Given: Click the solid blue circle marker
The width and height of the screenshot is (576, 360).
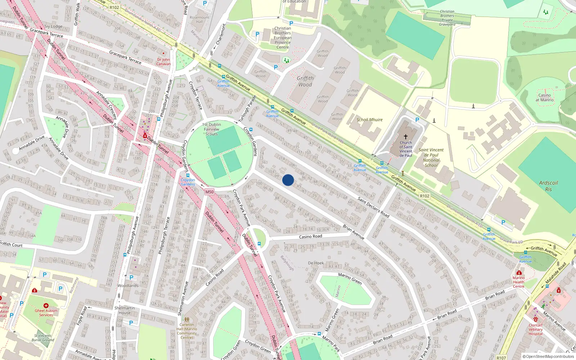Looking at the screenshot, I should click(x=288, y=180).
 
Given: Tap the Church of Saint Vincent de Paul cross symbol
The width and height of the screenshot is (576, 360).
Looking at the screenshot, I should click(x=406, y=137).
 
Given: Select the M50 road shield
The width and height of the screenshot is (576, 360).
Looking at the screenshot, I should click(x=210, y=192).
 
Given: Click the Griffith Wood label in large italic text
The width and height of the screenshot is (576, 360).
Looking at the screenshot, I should click(x=305, y=81).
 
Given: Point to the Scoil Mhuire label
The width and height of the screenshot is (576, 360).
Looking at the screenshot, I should click(x=370, y=120).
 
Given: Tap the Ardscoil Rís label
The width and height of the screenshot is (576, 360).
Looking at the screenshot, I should click(x=548, y=186).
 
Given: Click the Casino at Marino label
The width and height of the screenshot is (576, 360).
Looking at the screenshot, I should click(x=544, y=98).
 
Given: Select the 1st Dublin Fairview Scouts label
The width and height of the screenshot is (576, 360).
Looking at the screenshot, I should click(x=212, y=129).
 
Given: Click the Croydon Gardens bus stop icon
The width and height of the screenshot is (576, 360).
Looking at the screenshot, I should click(x=188, y=175).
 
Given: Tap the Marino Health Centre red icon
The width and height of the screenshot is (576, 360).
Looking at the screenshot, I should click(x=519, y=273).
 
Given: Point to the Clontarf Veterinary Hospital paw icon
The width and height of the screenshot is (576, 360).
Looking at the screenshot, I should click(x=535, y=319).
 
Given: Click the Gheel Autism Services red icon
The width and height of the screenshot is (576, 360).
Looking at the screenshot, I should click(x=46, y=306).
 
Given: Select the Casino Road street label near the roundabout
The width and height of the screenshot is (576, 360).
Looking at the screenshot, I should click(x=310, y=237).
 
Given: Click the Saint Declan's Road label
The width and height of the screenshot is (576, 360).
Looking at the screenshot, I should click(x=373, y=207).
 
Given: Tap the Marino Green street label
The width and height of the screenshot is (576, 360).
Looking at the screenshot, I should click(x=350, y=278).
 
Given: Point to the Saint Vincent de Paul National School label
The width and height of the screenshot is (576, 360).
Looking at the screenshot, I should click(x=431, y=158).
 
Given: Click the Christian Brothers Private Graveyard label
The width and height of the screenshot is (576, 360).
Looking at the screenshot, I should click(x=447, y=18).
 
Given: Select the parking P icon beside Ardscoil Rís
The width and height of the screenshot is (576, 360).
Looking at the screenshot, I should click(x=503, y=222).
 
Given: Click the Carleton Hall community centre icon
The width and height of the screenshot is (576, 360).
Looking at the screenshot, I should click(x=186, y=319).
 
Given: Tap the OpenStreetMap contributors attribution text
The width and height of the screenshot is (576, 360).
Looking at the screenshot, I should click(x=548, y=357).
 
